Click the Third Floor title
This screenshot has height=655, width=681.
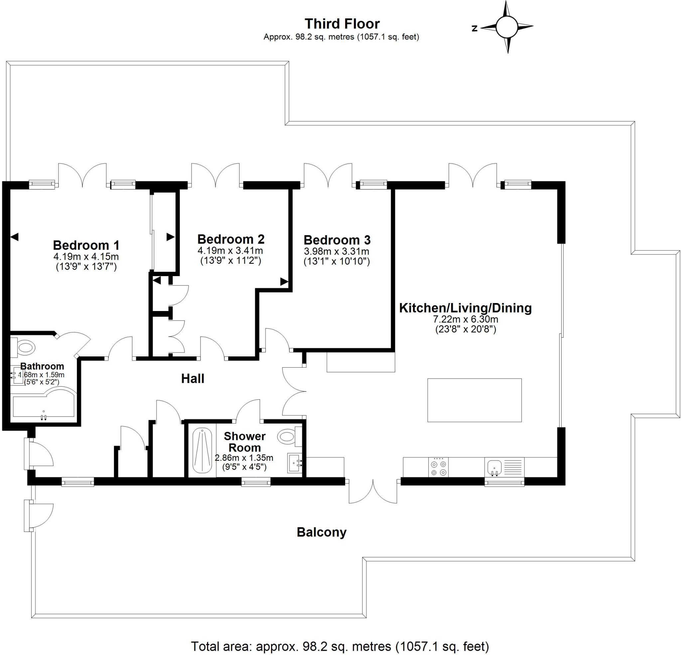[342, 24]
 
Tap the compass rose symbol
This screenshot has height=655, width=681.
[507, 27]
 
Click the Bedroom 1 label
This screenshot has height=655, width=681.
[86, 245]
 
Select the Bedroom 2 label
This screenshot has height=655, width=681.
[231, 239]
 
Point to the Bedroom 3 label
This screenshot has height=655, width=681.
[337, 240]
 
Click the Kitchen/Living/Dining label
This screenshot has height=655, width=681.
[466, 308]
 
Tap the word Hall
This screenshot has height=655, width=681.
[193, 379]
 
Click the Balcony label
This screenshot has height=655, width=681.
[322, 532]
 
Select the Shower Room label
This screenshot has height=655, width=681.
[245, 441]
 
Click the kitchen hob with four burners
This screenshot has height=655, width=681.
[438, 467]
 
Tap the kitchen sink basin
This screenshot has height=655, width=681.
[494, 467]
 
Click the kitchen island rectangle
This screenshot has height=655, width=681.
[474, 400]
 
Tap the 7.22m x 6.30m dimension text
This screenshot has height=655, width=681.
[466, 319]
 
